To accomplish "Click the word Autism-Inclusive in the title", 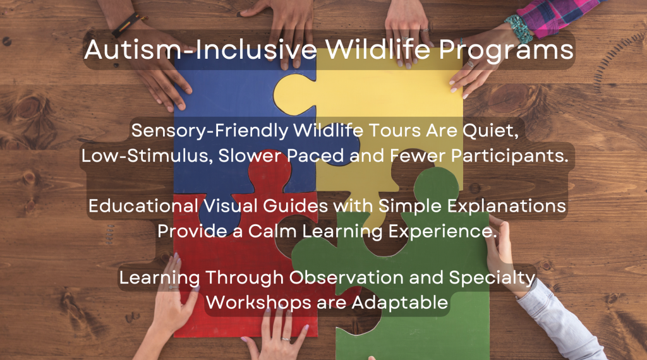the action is (x=200, y=49).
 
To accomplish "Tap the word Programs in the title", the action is (x=506, y=51).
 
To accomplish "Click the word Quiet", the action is (x=490, y=131).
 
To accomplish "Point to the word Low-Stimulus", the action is (x=147, y=156).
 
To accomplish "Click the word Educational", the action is (x=143, y=206).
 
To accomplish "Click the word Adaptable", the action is (x=400, y=303).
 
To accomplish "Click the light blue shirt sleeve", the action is (x=561, y=326).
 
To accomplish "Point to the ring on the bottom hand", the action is (x=286, y=339).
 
